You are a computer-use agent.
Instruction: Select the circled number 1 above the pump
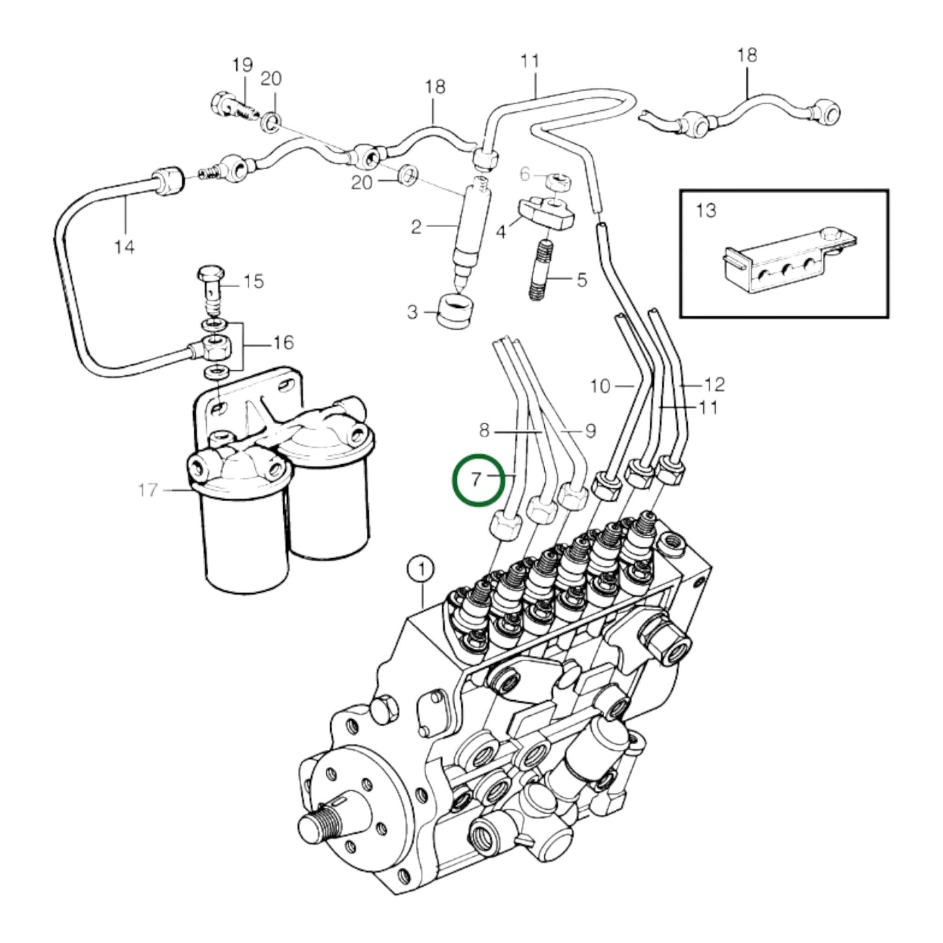[x=422, y=569]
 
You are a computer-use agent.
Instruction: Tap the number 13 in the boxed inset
[x=705, y=210]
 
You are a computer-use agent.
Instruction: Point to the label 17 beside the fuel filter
[x=148, y=489]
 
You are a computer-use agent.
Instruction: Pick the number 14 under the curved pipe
[x=124, y=247]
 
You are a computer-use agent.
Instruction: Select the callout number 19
[x=242, y=65]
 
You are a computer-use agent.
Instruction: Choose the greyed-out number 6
[x=525, y=174]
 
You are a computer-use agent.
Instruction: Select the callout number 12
[x=714, y=385]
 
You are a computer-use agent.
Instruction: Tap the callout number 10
[x=600, y=386]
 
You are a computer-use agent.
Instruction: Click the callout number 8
[x=484, y=431]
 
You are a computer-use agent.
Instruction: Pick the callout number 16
[x=283, y=343]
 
